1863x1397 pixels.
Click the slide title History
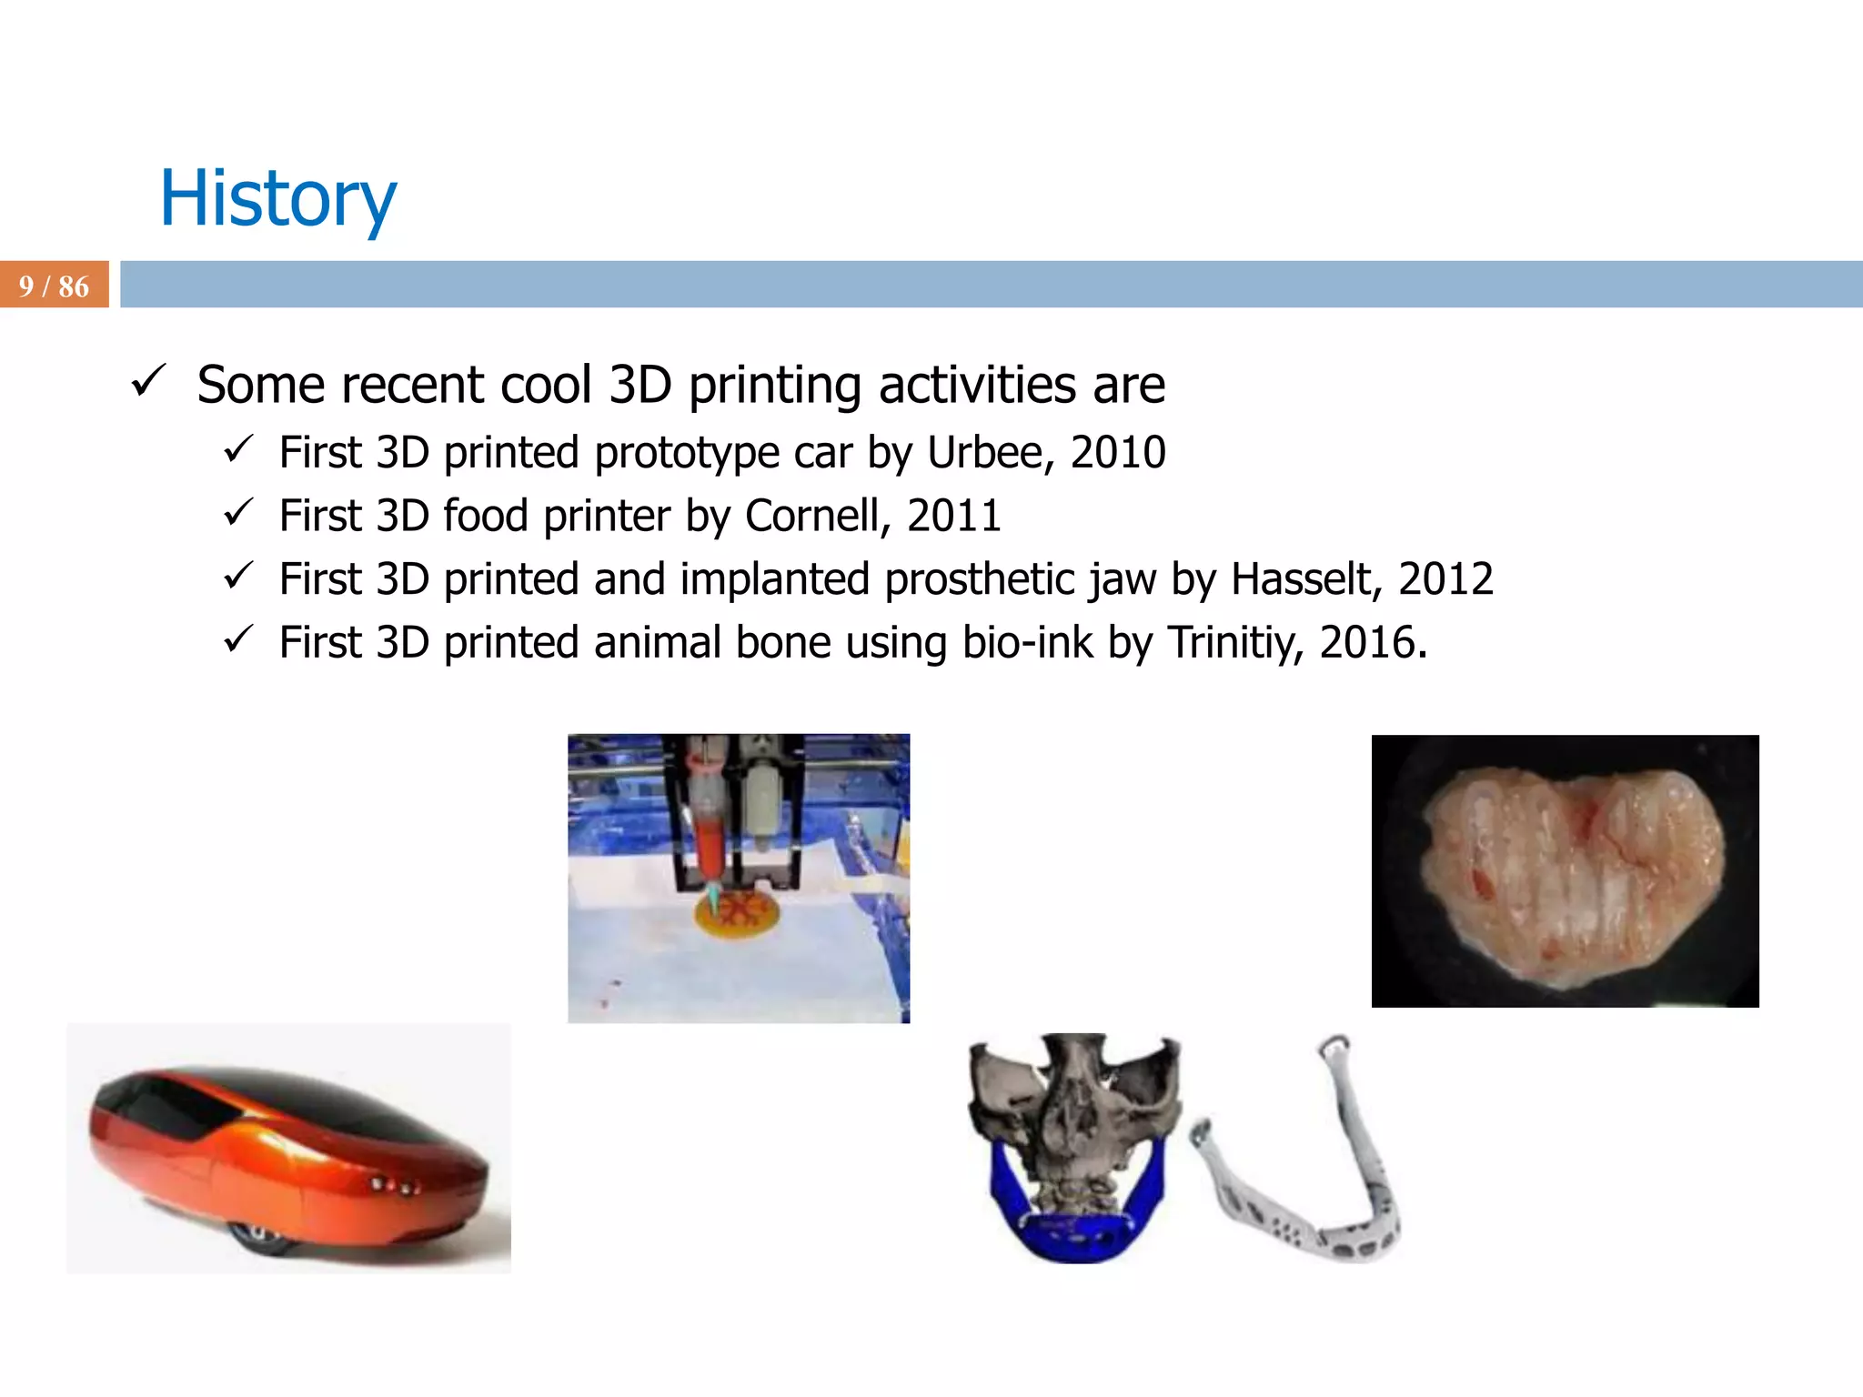point(277,199)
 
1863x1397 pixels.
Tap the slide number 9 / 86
point(54,286)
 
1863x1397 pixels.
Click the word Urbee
point(990,453)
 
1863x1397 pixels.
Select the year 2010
point(1117,453)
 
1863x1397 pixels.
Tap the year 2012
point(1445,579)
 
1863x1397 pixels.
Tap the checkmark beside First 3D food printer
point(238,513)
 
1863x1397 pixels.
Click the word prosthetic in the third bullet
point(979,579)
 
